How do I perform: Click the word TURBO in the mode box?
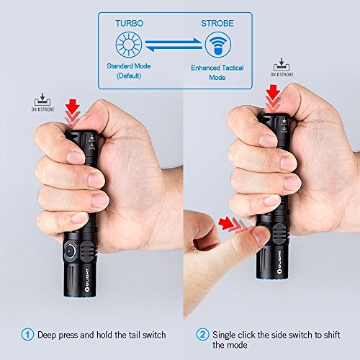tap(130, 23)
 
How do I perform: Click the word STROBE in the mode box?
tap(217, 23)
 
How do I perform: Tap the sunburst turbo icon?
tap(129, 45)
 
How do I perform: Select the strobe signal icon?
tap(218, 45)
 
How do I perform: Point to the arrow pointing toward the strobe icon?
tap(174, 42)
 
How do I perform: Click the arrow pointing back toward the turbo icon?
tap(174, 48)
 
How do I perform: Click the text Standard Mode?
tap(129, 66)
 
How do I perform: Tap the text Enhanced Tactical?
tap(217, 68)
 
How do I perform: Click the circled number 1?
tap(27, 334)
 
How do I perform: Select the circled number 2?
tap(202, 334)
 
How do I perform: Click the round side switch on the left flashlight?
tap(70, 251)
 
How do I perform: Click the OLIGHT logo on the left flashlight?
tap(87, 280)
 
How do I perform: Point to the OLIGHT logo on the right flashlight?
tap(279, 262)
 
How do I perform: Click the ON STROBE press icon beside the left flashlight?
tap(42, 102)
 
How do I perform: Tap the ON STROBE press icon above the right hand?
tap(282, 68)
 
